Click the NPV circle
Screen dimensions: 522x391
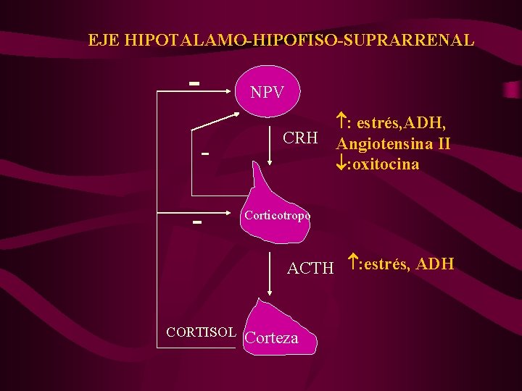(266, 91)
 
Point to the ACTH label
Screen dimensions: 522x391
(310, 269)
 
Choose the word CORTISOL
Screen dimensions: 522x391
(201, 332)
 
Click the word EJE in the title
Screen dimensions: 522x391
(103, 40)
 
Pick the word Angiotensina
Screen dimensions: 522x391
(385, 143)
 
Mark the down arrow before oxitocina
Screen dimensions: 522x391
(342, 164)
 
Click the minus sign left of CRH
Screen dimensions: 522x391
(206, 154)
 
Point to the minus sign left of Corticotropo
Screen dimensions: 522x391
(196, 221)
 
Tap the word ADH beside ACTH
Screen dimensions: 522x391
(436, 264)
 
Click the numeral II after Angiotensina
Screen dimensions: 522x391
(442, 143)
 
